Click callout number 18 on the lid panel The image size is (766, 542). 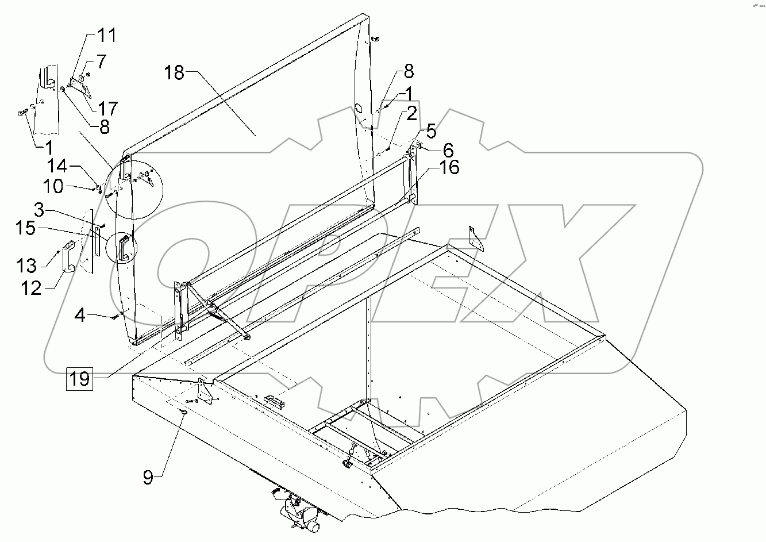[174, 74]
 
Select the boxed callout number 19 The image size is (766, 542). [80, 379]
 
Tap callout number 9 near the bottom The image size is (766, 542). [148, 477]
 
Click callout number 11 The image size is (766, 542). [106, 36]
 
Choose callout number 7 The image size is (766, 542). [101, 61]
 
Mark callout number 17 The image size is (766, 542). [107, 107]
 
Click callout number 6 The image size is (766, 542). [448, 151]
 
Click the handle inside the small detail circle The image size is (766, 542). [124, 248]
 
